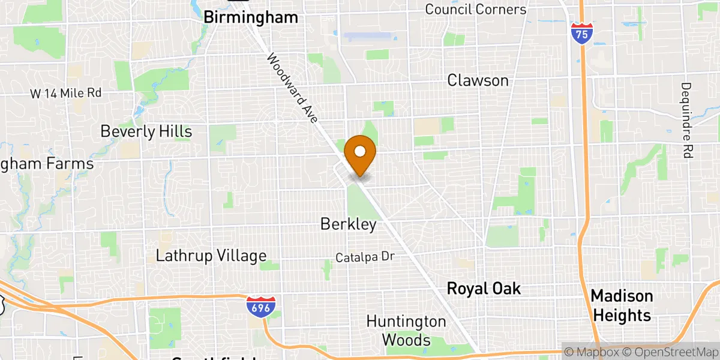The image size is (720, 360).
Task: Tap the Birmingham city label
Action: (x=251, y=17)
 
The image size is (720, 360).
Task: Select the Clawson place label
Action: (x=478, y=80)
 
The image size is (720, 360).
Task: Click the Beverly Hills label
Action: (x=146, y=131)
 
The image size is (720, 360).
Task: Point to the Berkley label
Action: (x=348, y=224)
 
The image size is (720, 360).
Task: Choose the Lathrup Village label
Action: (x=211, y=256)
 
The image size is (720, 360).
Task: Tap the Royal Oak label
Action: (x=484, y=289)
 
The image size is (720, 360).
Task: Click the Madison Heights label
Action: (x=622, y=305)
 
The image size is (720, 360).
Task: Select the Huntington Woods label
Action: (x=406, y=331)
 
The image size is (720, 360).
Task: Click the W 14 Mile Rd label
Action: (x=66, y=93)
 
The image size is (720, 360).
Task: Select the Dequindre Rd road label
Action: (x=686, y=120)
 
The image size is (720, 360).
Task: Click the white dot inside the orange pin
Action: (x=361, y=150)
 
